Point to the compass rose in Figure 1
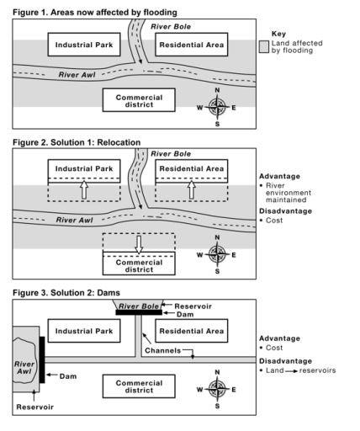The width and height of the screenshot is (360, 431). [217, 107]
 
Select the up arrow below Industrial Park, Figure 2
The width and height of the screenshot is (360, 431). [82, 191]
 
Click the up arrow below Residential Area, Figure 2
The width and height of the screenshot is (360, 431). [193, 191]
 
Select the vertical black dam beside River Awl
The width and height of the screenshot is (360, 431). [41, 359]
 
